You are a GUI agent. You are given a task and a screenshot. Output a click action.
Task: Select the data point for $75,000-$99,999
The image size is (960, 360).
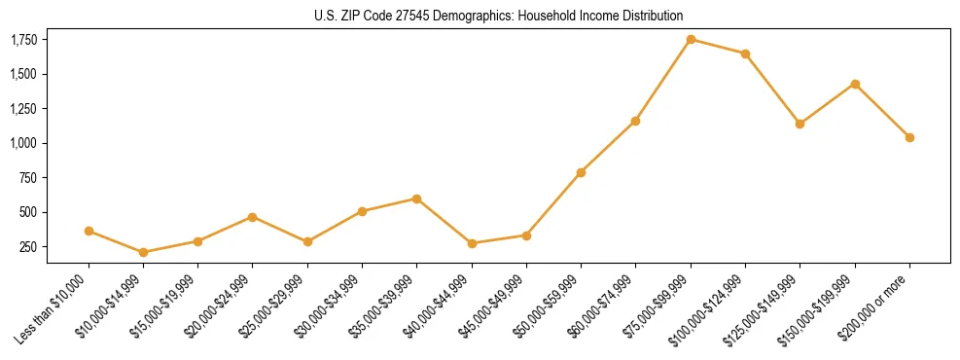691,39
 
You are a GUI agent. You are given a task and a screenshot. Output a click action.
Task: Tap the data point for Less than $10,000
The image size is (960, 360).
89,231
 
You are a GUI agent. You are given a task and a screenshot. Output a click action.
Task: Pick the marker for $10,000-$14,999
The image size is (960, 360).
144,252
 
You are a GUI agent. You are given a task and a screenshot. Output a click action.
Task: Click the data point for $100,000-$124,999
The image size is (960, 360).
745,54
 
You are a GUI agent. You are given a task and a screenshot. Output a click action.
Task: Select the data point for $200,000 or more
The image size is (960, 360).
909,137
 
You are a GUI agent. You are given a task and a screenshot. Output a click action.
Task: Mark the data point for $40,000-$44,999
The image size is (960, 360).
472,243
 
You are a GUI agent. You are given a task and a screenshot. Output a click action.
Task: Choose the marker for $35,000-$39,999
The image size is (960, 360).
417,198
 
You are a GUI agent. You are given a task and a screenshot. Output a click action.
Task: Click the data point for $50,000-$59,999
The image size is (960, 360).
581,172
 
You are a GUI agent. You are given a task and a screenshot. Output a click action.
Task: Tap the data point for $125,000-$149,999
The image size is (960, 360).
800,124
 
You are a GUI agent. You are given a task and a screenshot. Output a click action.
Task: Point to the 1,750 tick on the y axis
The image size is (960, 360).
23,40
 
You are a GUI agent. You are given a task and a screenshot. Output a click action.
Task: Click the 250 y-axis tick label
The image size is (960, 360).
29,247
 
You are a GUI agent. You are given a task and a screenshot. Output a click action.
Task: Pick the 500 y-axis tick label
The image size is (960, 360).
29,212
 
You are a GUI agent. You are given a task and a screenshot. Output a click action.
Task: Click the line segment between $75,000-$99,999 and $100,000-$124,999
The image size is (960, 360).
718,47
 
